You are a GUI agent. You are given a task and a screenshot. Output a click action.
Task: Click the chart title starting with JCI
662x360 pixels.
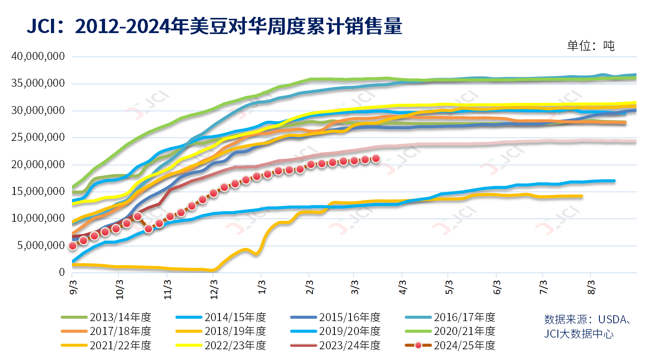point(215,27)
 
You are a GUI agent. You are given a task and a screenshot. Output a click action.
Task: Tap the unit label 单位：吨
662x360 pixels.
point(591,46)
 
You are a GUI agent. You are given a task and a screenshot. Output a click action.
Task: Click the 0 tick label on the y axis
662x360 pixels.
point(62,272)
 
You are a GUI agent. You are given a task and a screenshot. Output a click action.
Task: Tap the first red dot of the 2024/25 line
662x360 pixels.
point(73,246)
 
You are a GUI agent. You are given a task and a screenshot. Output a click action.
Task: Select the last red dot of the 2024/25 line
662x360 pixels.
point(376,158)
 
